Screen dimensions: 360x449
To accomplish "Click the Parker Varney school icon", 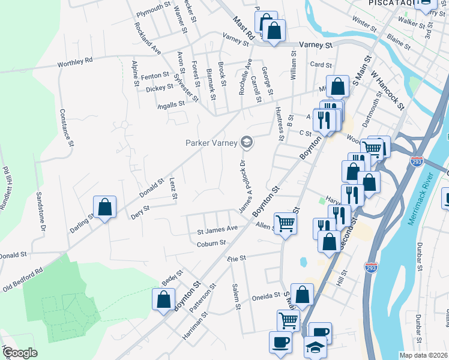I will pyautogui.click(x=246, y=143).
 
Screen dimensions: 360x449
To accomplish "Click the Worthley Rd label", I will pyautogui.click(x=75, y=61).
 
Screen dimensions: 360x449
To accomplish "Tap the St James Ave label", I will pyautogui.click(x=217, y=229).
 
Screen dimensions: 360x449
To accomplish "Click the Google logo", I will pyautogui.click(x=20, y=353).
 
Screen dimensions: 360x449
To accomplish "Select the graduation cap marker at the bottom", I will pyautogui.click(x=315, y=348).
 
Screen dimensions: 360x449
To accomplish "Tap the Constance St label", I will pyautogui.click(x=67, y=127).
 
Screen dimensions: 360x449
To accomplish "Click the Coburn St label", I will pyautogui.click(x=211, y=243).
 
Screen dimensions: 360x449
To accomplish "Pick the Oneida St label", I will pyautogui.click(x=270, y=295).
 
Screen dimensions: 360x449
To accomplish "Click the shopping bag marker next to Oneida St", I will pyautogui.click(x=302, y=295).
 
